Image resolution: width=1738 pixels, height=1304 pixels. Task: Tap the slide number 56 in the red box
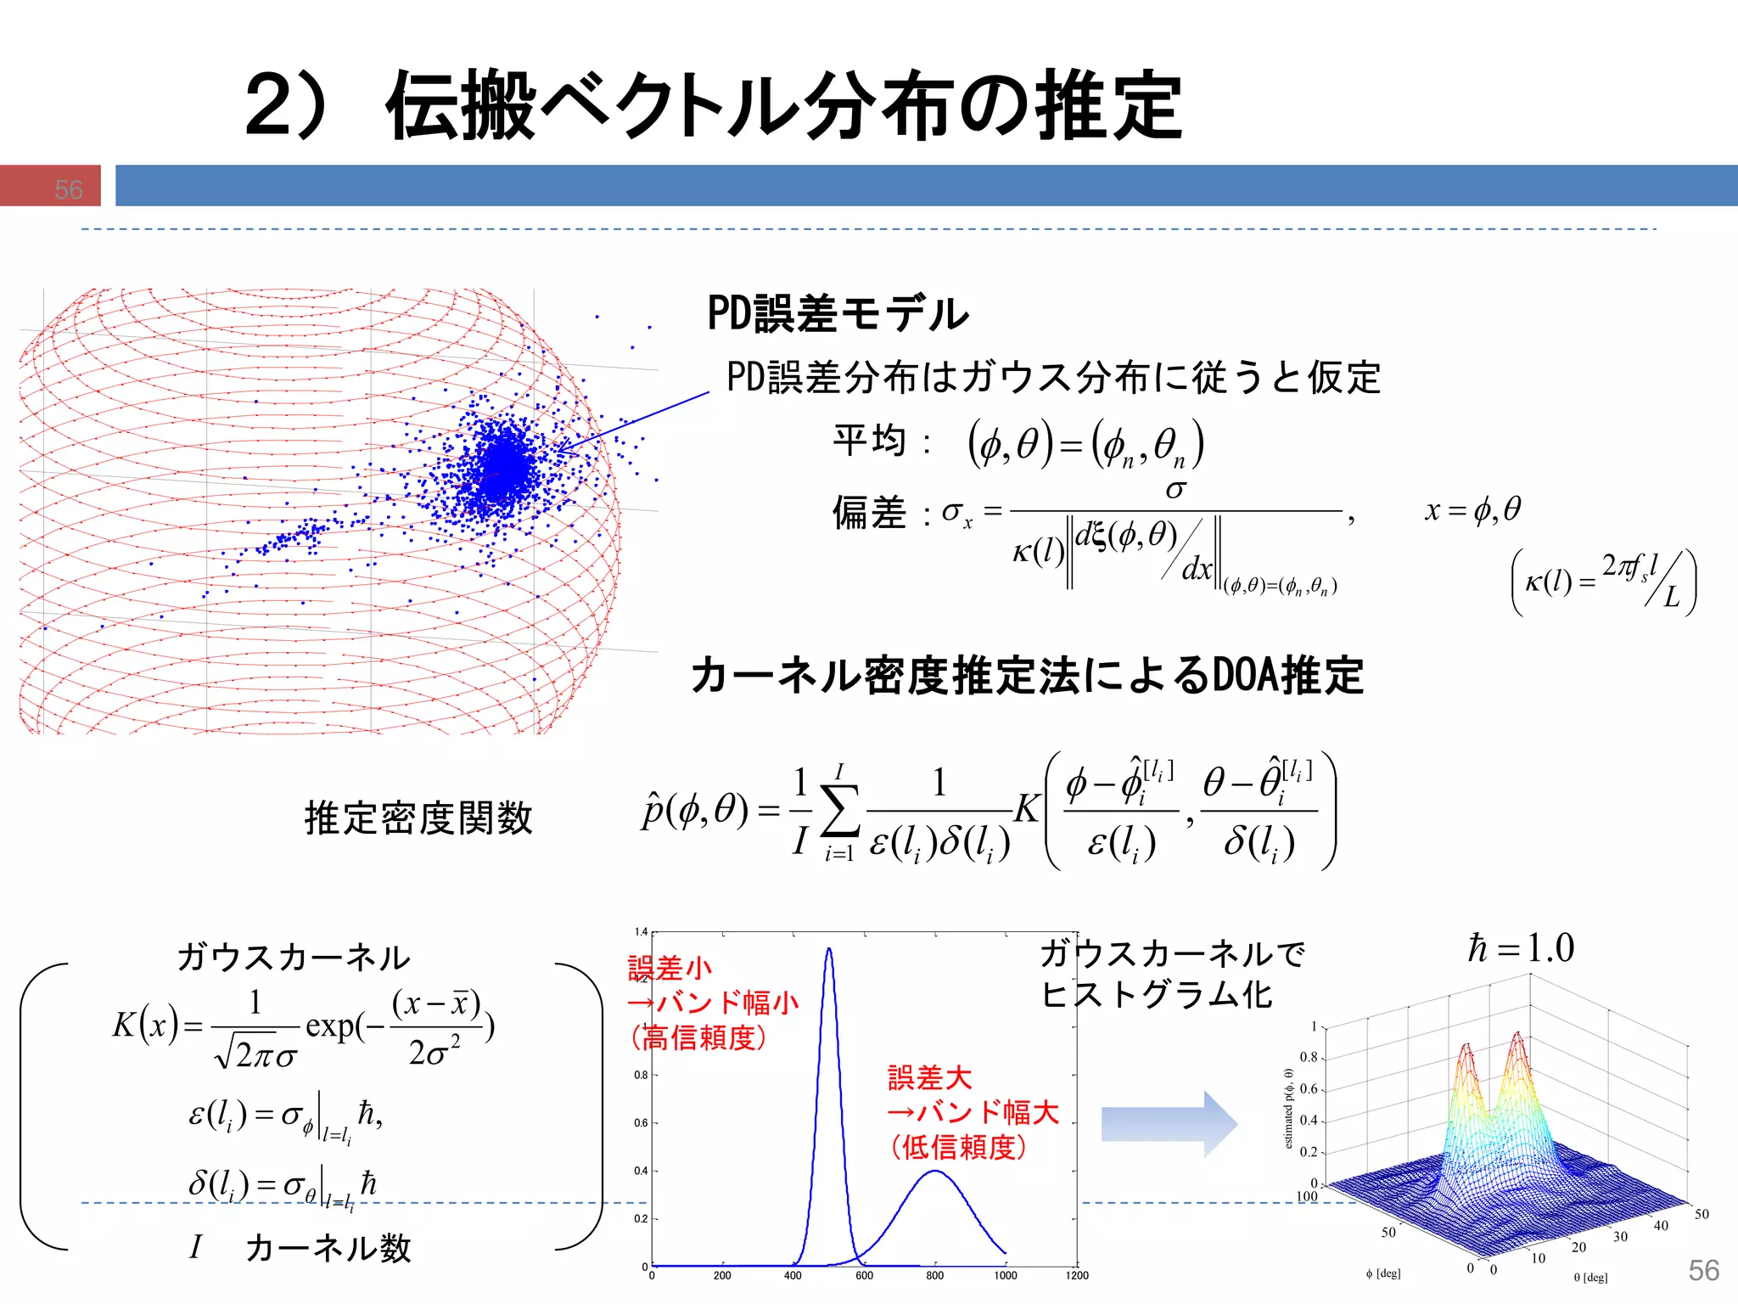coord(68,188)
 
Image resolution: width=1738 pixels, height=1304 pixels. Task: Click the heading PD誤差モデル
coord(838,313)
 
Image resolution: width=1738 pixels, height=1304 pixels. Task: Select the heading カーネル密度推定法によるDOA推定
coord(1027,676)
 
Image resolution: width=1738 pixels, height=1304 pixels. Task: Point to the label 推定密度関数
coord(418,818)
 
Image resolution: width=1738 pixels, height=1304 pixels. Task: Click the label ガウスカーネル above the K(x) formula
coord(294,957)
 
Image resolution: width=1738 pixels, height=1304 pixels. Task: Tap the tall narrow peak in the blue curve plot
coord(829,951)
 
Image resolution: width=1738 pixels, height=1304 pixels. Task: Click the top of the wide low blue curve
coord(934,1172)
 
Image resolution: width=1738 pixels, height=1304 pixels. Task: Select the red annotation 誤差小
coord(670,968)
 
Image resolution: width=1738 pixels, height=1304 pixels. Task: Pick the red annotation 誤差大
coord(930,1077)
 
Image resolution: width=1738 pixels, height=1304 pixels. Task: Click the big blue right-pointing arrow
coord(1169,1124)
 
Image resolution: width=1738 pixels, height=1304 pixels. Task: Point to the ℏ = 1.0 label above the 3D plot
coord(1521,947)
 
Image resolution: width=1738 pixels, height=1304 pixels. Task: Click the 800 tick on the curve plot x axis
coord(934,1275)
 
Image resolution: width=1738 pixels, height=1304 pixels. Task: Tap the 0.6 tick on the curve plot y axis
coord(641,1122)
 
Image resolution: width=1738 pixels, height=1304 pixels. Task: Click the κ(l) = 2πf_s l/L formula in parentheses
coord(1604,582)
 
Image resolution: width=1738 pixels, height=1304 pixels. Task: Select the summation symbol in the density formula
coord(839,812)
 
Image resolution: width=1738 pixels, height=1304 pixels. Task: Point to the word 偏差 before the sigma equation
coord(869,513)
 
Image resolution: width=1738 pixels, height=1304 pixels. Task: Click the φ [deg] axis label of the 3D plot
coord(1383,1273)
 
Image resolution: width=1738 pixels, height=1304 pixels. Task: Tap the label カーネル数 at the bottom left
coord(328,1248)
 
